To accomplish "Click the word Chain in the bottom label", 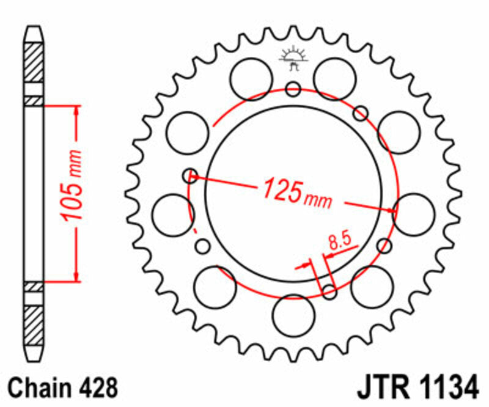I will pyautogui.click(x=40, y=387).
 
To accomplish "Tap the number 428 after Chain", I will pyautogui.click(x=95, y=387).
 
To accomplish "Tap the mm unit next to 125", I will pyautogui.click(x=317, y=199).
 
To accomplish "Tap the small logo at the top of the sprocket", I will pyautogui.click(x=293, y=57).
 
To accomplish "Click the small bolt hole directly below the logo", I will pyautogui.click(x=293, y=90).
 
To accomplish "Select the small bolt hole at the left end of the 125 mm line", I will pyautogui.click(x=191, y=176).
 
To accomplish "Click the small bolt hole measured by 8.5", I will pyautogui.click(x=329, y=292).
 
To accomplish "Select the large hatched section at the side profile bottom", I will pyautogui.click(x=34, y=322).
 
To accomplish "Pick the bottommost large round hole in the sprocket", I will pyautogui.click(x=293, y=315).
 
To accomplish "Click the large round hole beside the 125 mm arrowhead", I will pyautogui.click(x=414, y=213).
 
